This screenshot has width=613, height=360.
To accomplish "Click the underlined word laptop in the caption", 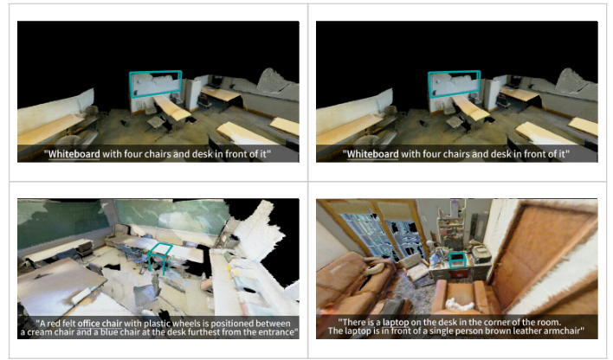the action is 396,323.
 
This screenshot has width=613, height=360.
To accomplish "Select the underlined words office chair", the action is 100,324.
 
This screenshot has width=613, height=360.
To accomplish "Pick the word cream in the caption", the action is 39,332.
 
